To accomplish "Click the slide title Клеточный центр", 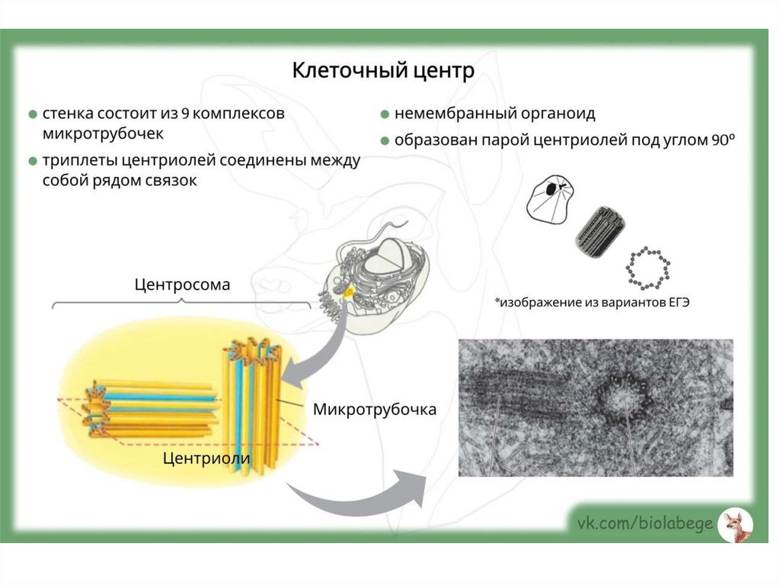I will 383,71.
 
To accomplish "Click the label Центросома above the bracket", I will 182,284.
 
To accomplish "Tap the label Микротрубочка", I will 374,410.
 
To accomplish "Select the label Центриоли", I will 206,458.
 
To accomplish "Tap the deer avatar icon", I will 735,525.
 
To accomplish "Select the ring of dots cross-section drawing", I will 647,268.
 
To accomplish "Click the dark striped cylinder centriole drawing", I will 599,231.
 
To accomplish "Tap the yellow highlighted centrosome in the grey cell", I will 348,292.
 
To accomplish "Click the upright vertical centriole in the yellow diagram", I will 252,404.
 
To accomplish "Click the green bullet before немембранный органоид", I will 385,114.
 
